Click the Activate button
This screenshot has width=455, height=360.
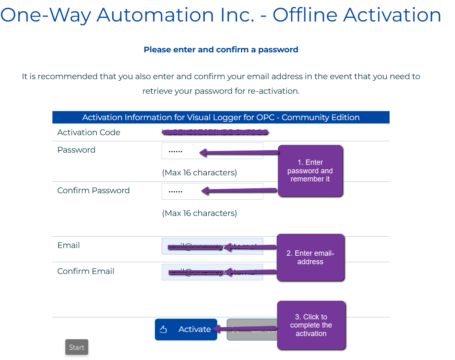186,329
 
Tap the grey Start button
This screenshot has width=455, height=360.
76,347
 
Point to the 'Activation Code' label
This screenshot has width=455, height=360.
89,132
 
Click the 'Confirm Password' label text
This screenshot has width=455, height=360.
93,190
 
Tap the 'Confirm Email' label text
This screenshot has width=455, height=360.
86,271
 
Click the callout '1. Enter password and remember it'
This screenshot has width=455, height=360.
310,171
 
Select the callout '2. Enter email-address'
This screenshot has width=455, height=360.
310,257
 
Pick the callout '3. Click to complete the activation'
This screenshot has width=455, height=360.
311,325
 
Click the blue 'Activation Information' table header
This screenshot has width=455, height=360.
221,117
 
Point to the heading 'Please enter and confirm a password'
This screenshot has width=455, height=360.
221,50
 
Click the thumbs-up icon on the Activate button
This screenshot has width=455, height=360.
163,329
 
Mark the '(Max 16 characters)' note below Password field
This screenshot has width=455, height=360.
199,172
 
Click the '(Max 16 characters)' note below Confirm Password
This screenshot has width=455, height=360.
199,213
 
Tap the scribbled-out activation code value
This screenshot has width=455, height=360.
215,132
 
